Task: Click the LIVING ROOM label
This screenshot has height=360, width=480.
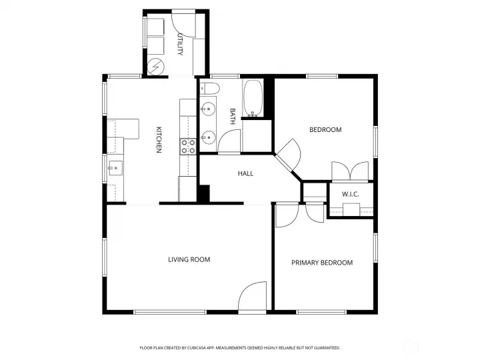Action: [189, 259]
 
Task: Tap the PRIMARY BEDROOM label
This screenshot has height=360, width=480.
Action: [322, 263]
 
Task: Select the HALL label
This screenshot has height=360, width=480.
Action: [245, 173]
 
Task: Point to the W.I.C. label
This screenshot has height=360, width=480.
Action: [351, 194]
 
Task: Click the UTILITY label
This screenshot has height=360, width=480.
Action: [180, 44]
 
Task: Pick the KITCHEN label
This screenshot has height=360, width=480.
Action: [159, 139]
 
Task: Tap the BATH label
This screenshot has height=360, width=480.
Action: [233, 116]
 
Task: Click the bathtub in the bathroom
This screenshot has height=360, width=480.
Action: [253, 98]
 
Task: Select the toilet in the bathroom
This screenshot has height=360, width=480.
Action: [210, 89]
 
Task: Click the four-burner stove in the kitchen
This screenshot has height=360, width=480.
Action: [188, 147]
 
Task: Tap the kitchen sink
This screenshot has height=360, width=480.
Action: [115, 168]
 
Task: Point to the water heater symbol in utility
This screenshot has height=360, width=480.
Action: [156, 67]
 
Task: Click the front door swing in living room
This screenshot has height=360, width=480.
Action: [251, 296]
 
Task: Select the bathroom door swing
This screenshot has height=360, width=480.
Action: [229, 141]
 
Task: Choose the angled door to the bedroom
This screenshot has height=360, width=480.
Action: [289, 155]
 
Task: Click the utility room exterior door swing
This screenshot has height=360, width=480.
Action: [184, 24]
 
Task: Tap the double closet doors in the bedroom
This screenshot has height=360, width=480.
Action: [350, 171]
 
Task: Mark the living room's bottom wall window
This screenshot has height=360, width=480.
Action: [170, 312]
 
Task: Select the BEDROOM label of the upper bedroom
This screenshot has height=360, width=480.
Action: [325, 130]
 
